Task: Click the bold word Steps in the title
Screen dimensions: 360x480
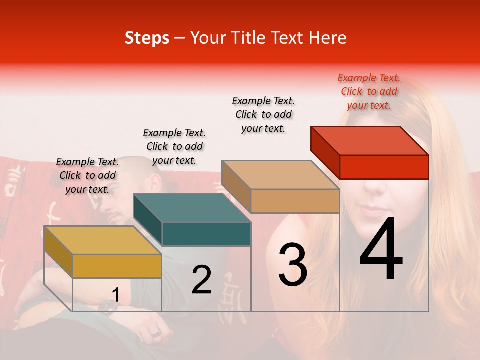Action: coord(147,38)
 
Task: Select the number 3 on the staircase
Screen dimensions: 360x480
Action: coord(293,265)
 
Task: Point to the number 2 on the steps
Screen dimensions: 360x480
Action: coord(201,280)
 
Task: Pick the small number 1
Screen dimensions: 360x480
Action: coord(115,295)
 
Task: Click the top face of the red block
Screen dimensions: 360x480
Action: coord(370,140)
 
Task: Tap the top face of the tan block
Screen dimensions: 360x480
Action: coord(280,175)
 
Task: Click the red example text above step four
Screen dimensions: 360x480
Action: coord(369,91)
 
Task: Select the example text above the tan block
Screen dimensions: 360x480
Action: coord(263,114)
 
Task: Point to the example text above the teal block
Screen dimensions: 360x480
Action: coord(174,146)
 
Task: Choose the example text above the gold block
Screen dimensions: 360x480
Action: coord(87,175)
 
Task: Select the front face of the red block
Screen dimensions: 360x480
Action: coord(384,167)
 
